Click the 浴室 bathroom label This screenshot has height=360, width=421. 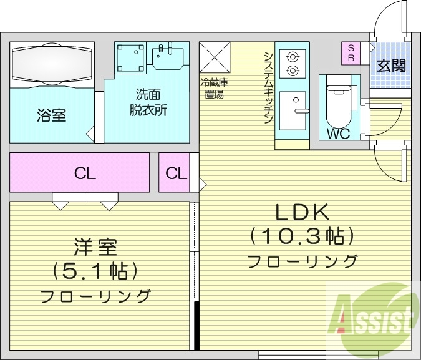coord(52,115)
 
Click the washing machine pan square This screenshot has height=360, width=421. coord(130,57)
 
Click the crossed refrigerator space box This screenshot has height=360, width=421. coord(215,57)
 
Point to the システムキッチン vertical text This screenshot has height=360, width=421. coord(268,87)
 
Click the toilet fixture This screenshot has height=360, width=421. coord(338,100)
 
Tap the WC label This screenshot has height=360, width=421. coord(337,134)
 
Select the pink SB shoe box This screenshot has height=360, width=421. coord(351,52)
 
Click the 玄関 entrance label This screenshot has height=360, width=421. coord(391,64)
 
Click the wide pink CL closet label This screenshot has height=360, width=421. coord(84,173)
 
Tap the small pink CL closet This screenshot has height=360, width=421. coord(176,173)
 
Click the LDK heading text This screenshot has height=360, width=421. coord(302,212)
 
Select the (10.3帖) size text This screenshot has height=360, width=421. coord(302,236)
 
